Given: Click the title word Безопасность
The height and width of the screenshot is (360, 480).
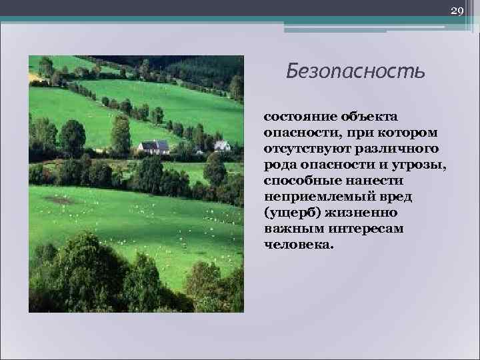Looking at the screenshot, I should click(x=355, y=71).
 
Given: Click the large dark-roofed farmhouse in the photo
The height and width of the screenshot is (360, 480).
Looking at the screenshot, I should click(x=154, y=147).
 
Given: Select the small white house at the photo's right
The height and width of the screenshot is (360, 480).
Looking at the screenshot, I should click(x=222, y=145).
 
